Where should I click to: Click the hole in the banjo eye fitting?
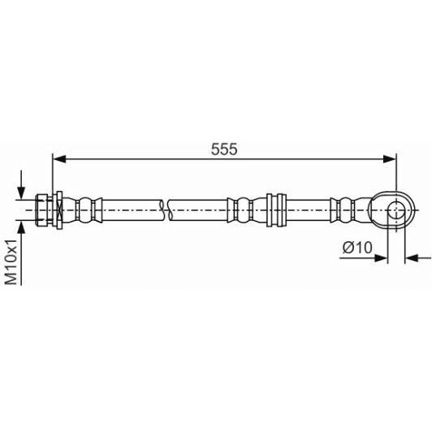[x=396, y=211]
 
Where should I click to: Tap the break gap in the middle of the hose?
[x=167, y=210]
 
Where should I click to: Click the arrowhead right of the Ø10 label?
[x=382, y=258]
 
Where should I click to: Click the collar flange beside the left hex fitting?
[x=58, y=210]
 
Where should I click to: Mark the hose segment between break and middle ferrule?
[x=199, y=210]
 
